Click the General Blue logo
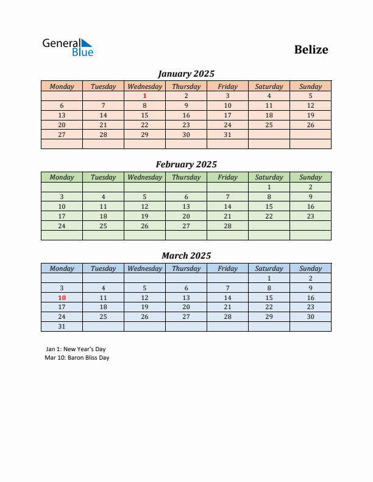pos(68,47)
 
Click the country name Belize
pos(311,50)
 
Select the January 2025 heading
pos(186,74)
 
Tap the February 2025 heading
pos(186,164)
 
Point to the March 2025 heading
pos(186,256)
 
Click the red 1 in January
pos(144,96)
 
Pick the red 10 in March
pos(62,298)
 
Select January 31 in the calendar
pos(227,134)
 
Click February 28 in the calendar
pos(227,226)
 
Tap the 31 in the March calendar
pos(62,326)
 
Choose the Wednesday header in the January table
pos(144,86)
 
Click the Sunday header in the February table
pos(310,177)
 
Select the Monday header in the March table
pos(62,268)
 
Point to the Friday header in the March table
pos(227,268)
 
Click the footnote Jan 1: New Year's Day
pos(76,349)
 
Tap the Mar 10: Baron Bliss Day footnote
pos(77,358)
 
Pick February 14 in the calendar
pos(227,206)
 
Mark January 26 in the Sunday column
pos(310,125)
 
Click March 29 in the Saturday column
pos(269,316)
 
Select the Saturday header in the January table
pos(269,86)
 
